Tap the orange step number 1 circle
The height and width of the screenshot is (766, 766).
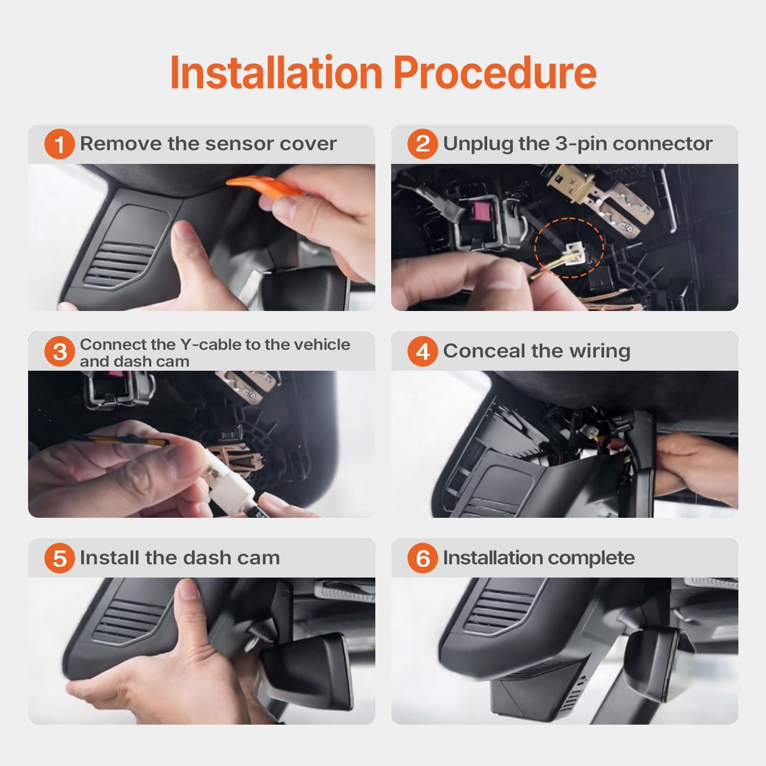(x=60, y=144)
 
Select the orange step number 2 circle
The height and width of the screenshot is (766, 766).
(x=423, y=144)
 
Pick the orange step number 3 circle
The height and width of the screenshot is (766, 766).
(x=60, y=352)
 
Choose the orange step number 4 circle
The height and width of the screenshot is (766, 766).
(x=423, y=352)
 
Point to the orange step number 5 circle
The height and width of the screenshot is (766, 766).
(x=60, y=558)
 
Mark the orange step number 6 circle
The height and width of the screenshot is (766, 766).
(x=423, y=558)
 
